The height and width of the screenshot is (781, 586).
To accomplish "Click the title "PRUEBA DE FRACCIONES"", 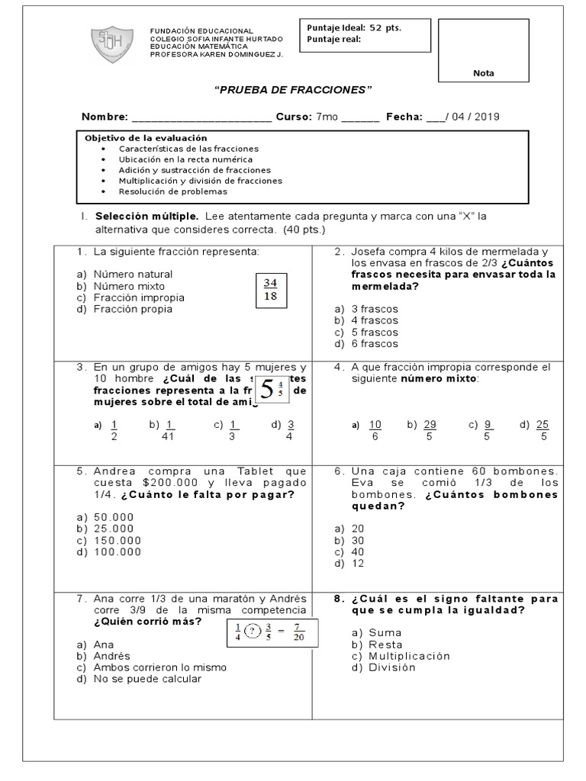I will pyautogui.click(x=292, y=90).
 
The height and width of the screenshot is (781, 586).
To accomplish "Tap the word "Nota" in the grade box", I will pyautogui.click(x=483, y=73).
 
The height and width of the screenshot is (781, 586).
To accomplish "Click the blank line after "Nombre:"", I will pyautogui.click(x=201, y=117).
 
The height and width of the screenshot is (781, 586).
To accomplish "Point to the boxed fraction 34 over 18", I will pyautogui.click(x=270, y=290).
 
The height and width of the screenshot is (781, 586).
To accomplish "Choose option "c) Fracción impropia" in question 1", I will pyautogui.click(x=130, y=297).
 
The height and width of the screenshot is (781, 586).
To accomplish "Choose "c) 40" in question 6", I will pyautogui.click(x=349, y=552).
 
